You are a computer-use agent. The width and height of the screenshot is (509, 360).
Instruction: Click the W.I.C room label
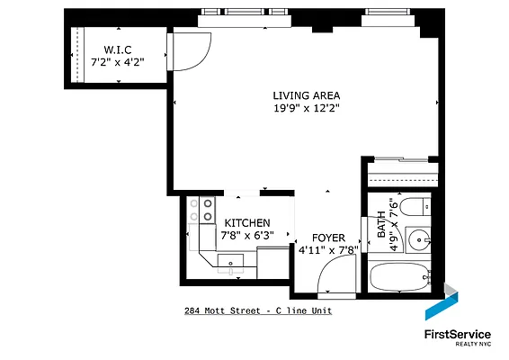pyautogui.click(x=119, y=49)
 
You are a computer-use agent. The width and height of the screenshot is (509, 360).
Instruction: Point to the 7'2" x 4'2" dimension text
pyautogui.click(x=119, y=62)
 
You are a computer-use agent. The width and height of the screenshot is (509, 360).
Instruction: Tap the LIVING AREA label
pyautogui.click(x=307, y=95)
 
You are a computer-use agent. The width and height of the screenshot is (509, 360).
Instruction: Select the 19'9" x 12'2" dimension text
pyautogui.click(x=307, y=108)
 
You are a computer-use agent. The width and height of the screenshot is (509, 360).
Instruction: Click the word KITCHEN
pyautogui.click(x=247, y=223)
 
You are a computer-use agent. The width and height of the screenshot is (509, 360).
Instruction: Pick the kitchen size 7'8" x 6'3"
pyautogui.click(x=247, y=236)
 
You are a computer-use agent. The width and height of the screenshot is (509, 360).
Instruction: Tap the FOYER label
pyautogui.click(x=328, y=239)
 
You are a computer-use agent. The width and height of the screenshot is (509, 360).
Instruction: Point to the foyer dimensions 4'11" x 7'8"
pyautogui.click(x=328, y=251)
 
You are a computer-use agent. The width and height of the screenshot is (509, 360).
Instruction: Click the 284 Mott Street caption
pyautogui.click(x=258, y=311)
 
